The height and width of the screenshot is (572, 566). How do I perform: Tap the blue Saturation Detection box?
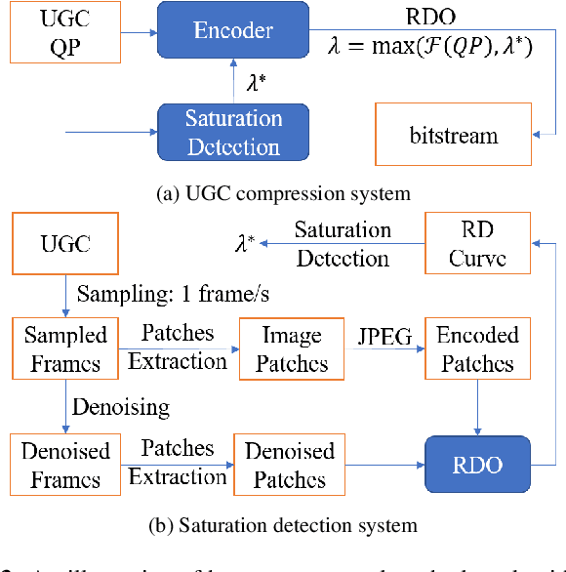coord(233,133)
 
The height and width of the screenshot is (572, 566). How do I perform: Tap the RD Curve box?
coord(478,245)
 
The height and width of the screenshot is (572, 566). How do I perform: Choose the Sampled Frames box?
coord(65,348)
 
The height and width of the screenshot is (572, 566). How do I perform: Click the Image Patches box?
coord(292,348)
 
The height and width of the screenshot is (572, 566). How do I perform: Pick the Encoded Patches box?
coord(478,348)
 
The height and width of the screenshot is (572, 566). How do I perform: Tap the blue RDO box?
coord(478,465)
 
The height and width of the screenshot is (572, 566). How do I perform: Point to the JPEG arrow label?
coord(384,336)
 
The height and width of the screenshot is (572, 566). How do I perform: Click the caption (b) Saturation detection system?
coord(282,525)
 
